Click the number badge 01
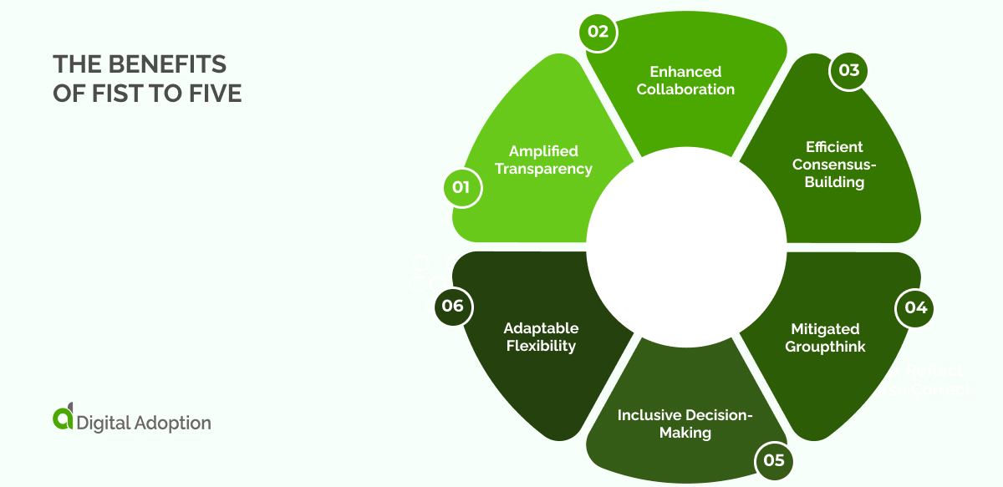click(461, 187)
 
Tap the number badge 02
click(599, 33)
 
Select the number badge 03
click(848, 70)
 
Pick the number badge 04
click(915, 307)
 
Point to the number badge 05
click(773, 459)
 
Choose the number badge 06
click(452, 306)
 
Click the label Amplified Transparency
click(543, 160)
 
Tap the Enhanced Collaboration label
click(685, 80)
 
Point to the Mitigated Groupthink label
click(825, 337)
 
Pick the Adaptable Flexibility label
click(541, 337)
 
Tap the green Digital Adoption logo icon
click(63, 419)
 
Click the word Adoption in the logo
click(171, 423)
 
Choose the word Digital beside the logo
click(102, 423)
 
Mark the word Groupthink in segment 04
click(825, 346)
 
